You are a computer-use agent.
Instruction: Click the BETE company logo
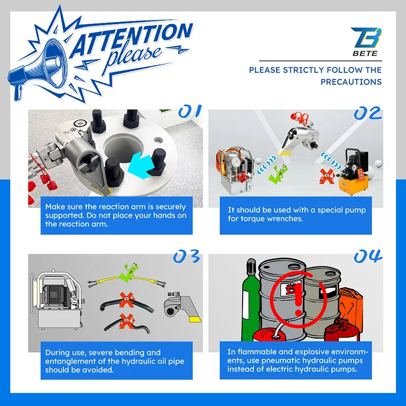coord(366,42)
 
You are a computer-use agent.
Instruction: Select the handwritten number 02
coord(367,113)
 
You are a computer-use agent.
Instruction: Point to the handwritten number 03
coord(186,256)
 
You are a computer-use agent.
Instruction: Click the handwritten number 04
coord(368,256)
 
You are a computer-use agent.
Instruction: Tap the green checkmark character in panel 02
coord(279,174)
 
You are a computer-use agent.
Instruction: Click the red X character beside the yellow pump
coord(326,176)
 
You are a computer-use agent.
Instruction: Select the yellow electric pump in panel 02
coord(354,172)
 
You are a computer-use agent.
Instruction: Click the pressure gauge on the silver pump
coord(236,162)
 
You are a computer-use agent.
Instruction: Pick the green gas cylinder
coord(250,299)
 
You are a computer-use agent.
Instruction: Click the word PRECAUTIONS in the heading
coord(351,82)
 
